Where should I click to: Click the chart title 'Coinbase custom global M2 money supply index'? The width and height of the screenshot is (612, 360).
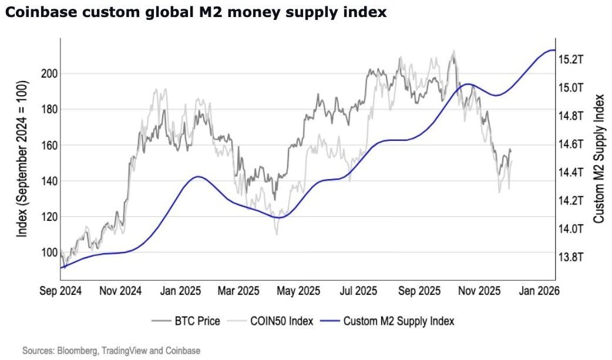point(195,12)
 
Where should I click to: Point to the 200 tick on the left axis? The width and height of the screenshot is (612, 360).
point(49,73)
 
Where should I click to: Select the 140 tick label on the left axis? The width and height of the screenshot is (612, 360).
point(49,181)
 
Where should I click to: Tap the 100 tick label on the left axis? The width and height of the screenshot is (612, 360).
point(49,253)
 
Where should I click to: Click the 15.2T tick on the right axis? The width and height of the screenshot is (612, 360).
point(570,59)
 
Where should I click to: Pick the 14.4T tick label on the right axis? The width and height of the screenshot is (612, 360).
point(570,173)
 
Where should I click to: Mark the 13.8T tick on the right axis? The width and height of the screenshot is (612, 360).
point(570,257)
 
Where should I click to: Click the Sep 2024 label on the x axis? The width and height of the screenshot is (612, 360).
point(60,291)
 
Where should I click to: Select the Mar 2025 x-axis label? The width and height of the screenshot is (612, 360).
point(239,291)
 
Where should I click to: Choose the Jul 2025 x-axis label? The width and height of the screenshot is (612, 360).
point(359,291)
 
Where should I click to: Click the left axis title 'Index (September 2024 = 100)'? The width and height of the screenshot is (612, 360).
point(22,159)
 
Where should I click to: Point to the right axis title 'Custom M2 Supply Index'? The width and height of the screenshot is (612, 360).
point(598,159)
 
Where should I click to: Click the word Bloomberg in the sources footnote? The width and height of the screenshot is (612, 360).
point(77,351)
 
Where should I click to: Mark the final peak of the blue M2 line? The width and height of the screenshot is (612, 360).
point(551,51)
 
